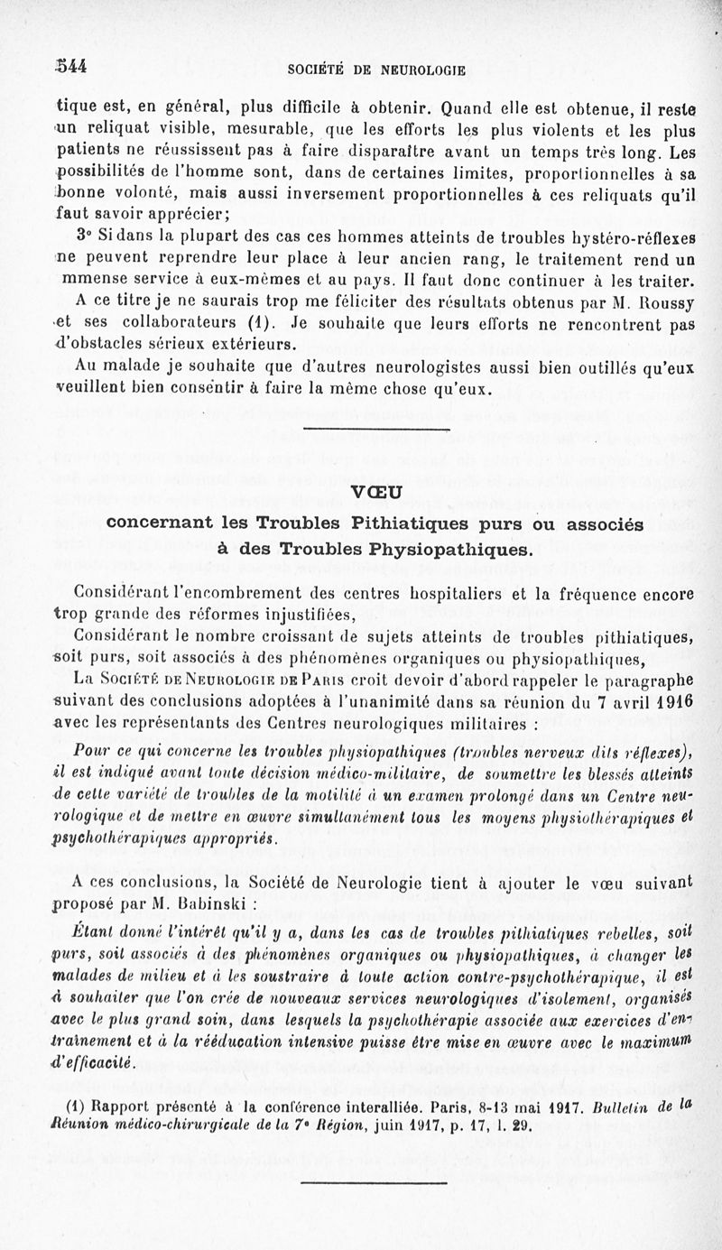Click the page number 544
[69, 65]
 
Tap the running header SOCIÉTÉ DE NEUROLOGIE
[376, 68]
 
